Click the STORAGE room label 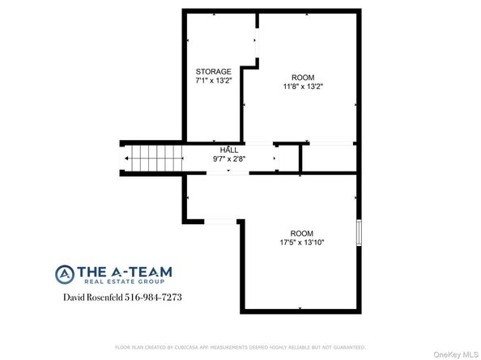213,71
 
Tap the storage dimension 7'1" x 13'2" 213,81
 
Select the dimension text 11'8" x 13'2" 304,86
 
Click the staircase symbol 145,158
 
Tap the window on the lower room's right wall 357,231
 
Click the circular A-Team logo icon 65,274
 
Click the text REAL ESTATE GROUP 122,282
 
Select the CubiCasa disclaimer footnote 240,346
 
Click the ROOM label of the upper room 304,76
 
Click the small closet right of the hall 287,158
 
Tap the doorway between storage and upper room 258,48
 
